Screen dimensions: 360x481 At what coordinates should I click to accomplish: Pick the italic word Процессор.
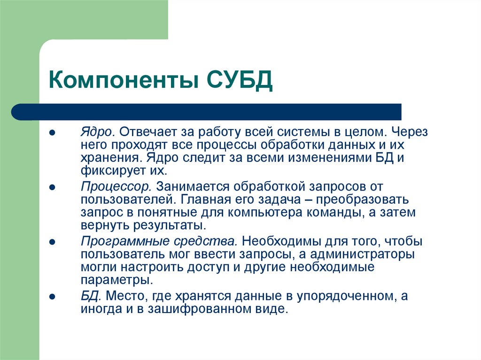click(116, 187)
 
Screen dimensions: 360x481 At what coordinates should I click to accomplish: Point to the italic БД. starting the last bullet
click(91, 296)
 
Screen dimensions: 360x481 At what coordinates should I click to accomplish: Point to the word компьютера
click(281, 212)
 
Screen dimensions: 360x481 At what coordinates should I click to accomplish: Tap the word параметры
click(116, 280)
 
